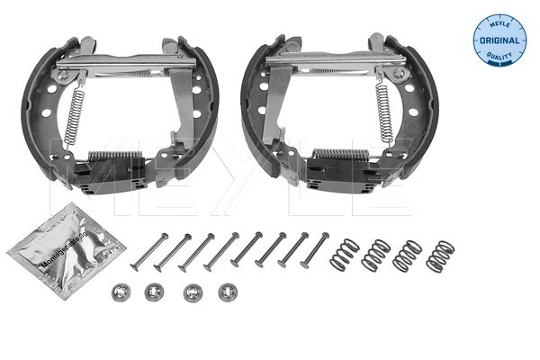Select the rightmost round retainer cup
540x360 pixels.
click(226, 292)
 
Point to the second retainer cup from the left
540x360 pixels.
click(154, 293)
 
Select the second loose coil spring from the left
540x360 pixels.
click(374, 255)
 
